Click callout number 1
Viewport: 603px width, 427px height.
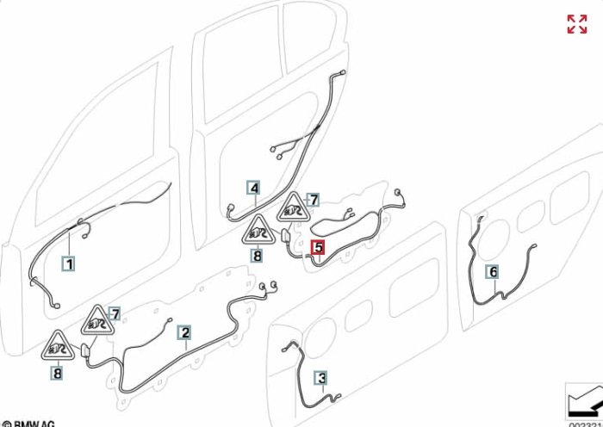(69, 263)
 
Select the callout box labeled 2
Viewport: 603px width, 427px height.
(184, 331)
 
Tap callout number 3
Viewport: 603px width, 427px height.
(321, 377)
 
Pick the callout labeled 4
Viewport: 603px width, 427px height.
(253, 188)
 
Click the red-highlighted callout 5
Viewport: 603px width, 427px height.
(318, 248)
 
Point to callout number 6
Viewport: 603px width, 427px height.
(493, 272)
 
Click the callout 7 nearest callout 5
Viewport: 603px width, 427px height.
(314, 200)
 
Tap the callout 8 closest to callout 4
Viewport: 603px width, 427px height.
(257, 255)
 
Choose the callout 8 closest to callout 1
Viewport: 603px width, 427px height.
(57, 373)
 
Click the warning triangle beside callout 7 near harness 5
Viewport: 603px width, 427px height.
(293, 208)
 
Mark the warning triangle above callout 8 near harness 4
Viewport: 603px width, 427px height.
(258, 231)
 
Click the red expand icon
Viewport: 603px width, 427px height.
(576, 24)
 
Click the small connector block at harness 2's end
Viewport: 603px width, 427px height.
(86, 351)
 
